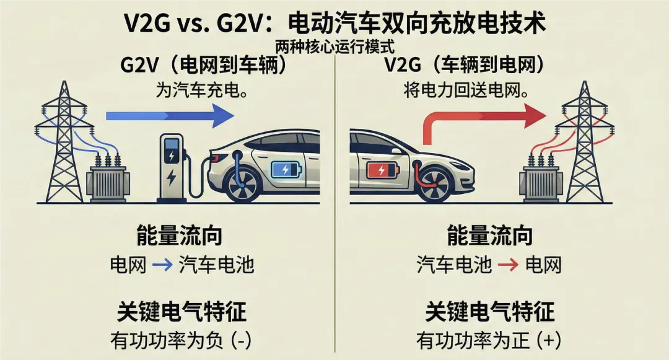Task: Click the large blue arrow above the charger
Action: pos(170,115)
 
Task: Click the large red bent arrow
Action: pos(477,118)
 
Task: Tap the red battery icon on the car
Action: pos(382,170)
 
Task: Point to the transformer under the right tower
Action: pos(541,181)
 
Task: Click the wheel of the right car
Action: pos(434,182)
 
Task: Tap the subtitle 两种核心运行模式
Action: pos(334,46)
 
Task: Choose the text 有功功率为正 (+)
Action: pos(489,340)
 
